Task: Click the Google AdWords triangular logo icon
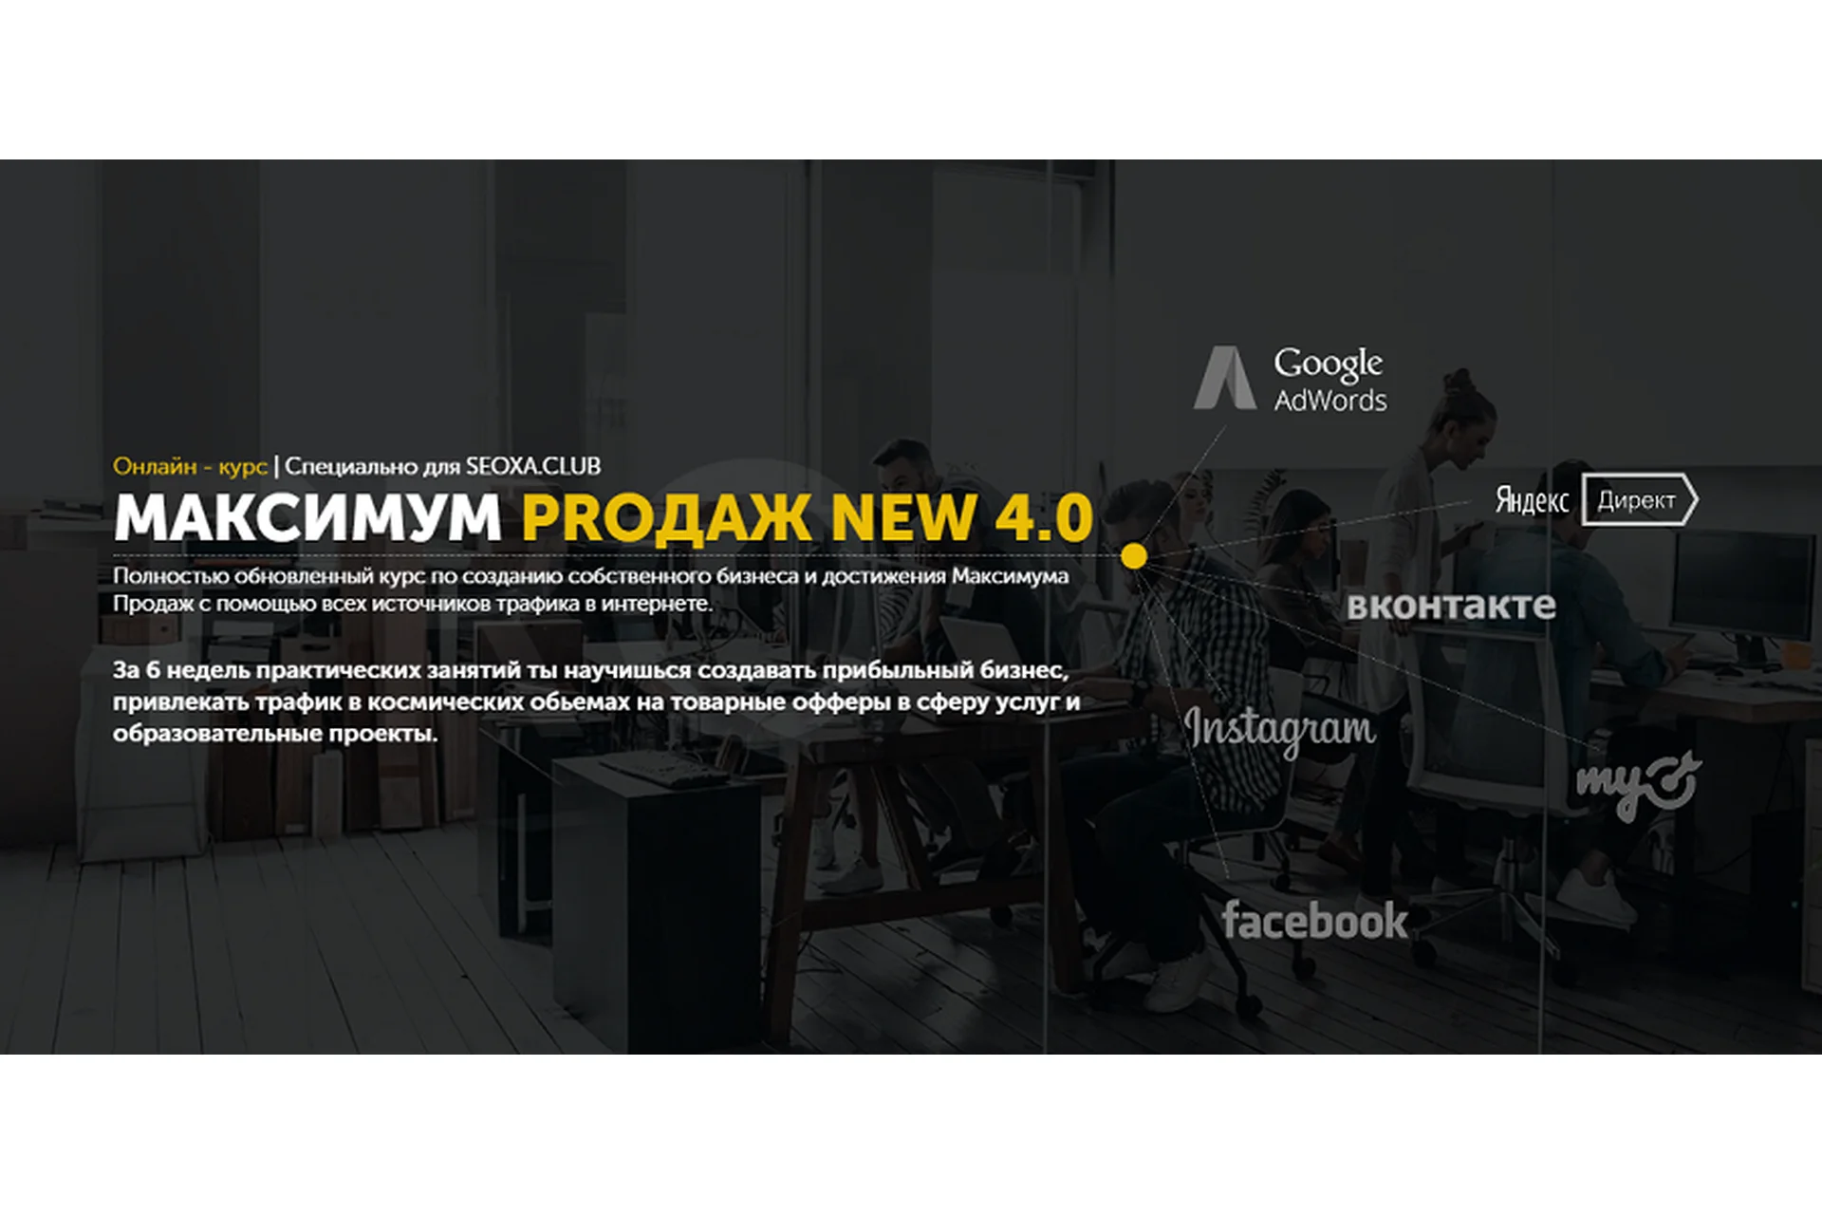click(1224, 378)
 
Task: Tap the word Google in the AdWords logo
click(1328, 364)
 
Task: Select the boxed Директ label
click(1638, 500)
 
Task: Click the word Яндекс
click(1532, 500)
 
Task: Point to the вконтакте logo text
click(1451, 606)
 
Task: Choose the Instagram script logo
click(1279, 730)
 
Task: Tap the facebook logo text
click(1314, 920)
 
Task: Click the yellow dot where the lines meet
click(1133, 555)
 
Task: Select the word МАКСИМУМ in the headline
click(307, 518)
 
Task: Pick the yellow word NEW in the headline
click(902, 518)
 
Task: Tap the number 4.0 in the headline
click(1044, 518)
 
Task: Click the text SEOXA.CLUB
click(533, 466)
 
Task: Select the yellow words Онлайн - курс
click(190, 466)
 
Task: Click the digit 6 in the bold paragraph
click(153, 670)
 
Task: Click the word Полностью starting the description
click(171, 576)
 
